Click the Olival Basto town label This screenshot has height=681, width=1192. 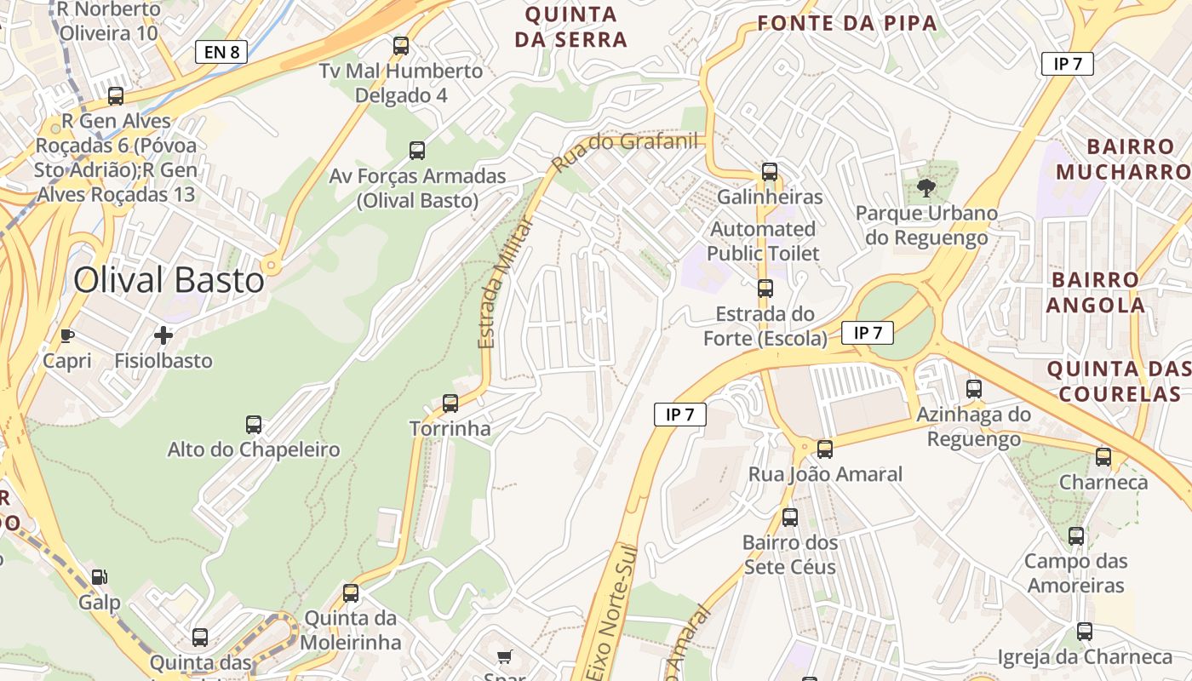(x=169, y=279)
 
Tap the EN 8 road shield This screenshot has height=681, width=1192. (x=221, y=52)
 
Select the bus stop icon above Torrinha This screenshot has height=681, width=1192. (x=450, y=403)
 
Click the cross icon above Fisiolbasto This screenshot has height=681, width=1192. (x=163, y=335)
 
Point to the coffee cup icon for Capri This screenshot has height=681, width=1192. (x=67, y=335)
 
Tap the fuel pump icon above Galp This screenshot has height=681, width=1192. (x=100, y=577)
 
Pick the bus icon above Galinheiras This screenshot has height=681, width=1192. (x=770, y=172)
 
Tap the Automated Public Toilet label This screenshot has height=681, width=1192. (x=763, y=241)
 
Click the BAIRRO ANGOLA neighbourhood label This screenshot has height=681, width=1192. (x=1095, y=292)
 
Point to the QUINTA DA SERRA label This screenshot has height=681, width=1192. (x=571, y=26)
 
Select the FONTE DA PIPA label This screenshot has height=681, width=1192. (x=847, y=23)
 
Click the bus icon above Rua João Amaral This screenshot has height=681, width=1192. (x=824, y=449)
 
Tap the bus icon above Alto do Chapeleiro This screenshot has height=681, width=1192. (x=254, y=424)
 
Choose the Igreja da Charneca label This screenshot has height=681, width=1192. (x=1085, y=656)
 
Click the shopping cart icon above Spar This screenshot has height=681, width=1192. (x=505, y=656)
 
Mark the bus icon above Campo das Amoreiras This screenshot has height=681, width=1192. (x=1076, y=536)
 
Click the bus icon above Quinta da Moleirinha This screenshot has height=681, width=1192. (x=351, y=593)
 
